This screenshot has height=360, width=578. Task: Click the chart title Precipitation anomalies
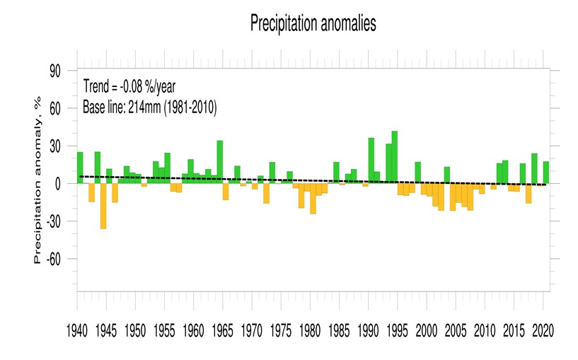tap(312, 23)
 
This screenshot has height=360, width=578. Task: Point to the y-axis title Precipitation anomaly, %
tap(38, 181)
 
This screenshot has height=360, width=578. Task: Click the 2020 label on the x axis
tap(543, 330)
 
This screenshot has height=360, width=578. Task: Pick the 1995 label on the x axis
tap(397, 330)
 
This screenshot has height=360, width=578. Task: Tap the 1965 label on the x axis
tap(222, 330)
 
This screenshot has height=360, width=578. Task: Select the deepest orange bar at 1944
tap(103, 206)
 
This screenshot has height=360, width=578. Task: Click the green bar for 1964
tap(219, 162)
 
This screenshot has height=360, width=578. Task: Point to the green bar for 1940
tap(80, 168)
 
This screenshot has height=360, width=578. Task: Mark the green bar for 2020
tap(545, 173)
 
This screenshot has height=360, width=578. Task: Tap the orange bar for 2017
tap(528, 193)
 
